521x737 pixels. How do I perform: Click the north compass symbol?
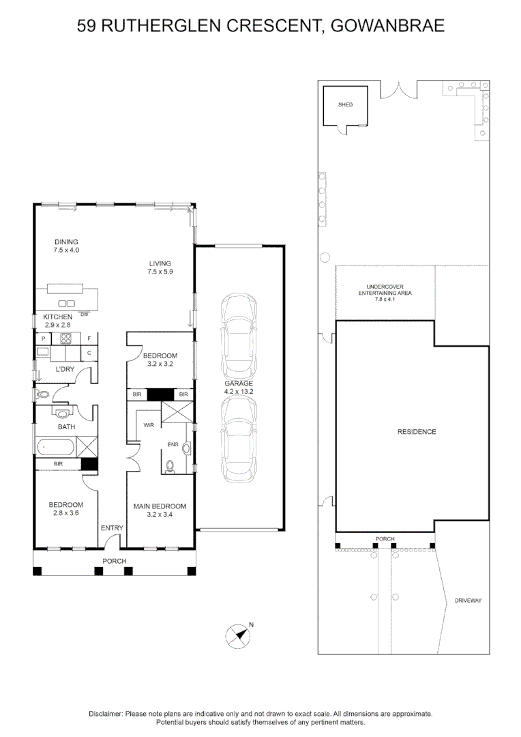pos(237,635)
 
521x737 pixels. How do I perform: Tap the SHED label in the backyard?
pos(346,105)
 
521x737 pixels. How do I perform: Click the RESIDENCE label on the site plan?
pos(417,432)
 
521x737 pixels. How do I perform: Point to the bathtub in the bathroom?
pos(57,448)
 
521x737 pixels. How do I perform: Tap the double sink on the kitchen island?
pos(67,303)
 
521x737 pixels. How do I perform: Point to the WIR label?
pos(149,424)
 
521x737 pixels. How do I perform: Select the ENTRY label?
pos(112,528)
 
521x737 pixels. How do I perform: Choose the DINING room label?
pos(66,242)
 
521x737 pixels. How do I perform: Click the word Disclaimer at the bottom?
pos(105,713)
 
